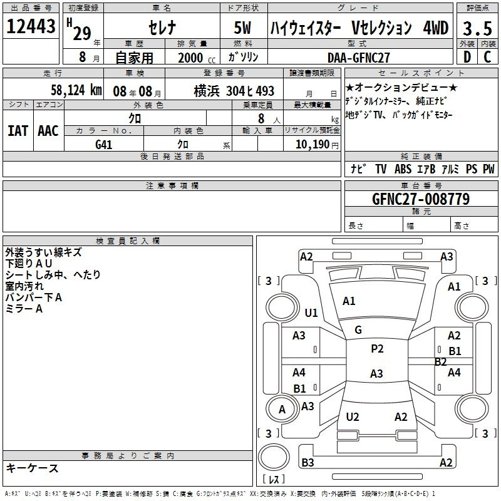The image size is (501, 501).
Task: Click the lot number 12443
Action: (x=31, y=26)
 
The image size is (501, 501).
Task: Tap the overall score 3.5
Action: (x=477, y=28)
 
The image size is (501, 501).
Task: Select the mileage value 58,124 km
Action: (x=76, y=90)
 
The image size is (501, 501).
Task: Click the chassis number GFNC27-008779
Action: (x=421, y=199)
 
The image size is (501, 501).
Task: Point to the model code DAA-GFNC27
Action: (x=358, y=58)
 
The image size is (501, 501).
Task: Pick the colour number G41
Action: (x=103, y=145)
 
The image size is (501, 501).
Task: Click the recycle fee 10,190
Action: (x=312, y=144)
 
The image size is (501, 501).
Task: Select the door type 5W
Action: (x=242, y=28)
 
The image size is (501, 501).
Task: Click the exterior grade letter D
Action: (x=467, y=57)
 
